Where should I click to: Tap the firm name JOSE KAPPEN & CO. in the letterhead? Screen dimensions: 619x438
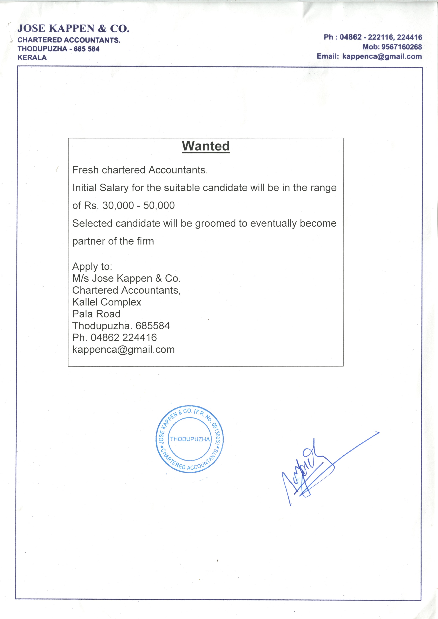(x=73, y=28)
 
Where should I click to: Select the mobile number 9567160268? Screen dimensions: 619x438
(x=402, y=47)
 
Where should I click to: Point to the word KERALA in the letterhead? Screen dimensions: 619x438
(x=32, y=57)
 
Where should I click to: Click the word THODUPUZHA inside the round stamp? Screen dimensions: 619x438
(x=190, y=439)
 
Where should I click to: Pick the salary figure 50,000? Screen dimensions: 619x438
(x=159, y=205)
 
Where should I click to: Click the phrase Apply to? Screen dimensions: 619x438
(x=92, y=267)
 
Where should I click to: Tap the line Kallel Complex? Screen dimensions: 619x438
(x=107, y=302)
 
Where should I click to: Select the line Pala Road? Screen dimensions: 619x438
(x=96, y=314)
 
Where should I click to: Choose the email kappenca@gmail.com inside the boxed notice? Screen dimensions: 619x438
(x=123, y=350)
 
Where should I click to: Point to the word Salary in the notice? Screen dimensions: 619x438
(x=114, y=188)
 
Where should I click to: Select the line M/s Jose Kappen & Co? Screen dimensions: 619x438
(x=126, y=278)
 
